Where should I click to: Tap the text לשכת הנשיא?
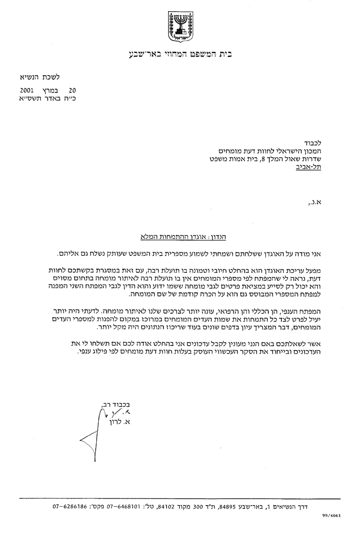coord(43,78)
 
